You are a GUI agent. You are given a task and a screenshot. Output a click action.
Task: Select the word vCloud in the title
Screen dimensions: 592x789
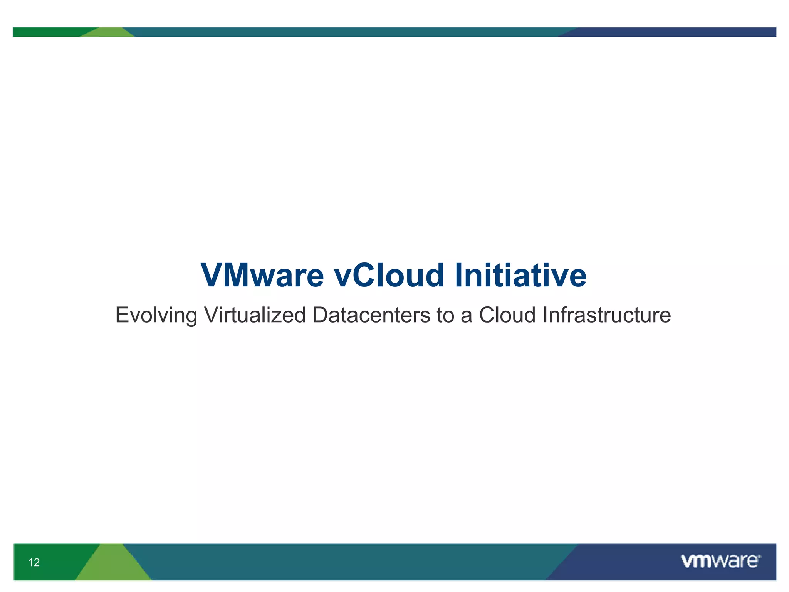(389, 275)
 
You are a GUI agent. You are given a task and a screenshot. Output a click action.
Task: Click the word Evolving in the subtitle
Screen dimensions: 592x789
(156, 315)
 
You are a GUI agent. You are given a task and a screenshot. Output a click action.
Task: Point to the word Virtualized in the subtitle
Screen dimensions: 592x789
(255, 315)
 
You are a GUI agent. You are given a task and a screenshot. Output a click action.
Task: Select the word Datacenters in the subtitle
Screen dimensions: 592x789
(371, 315)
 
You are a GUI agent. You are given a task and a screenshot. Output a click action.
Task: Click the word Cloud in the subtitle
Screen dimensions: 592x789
(507, 315)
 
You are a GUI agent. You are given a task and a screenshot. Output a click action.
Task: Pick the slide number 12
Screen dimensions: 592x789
(34, 562)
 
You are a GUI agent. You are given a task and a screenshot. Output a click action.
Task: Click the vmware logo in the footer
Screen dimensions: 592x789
(720, 561)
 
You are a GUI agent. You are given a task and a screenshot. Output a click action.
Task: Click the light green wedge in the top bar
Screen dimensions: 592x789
(108, 33)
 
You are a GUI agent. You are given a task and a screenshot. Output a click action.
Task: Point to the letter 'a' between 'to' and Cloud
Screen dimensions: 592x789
(466, 317)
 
